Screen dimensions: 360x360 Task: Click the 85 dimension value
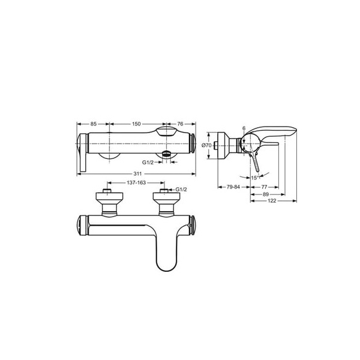(94, 124)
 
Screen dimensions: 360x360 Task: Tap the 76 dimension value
(180, 124)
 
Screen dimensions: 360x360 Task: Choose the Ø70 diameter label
(205, 145)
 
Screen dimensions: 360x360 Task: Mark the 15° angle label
(255, 177)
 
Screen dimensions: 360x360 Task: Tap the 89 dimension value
(266, 194)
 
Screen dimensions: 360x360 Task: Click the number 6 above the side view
(244, 128)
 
